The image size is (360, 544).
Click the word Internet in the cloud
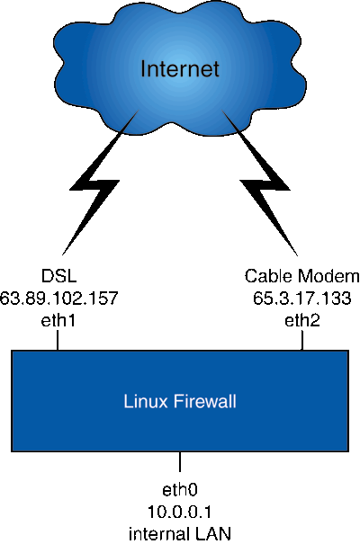coord(180,68)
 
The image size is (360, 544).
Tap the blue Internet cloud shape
coord(180,69)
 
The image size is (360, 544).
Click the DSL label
coord(58,276)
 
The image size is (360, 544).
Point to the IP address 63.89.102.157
coord(58,299)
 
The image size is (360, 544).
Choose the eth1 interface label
coord(58,321)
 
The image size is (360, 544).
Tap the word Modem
coord(328,276)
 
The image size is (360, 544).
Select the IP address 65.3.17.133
coord(302,299)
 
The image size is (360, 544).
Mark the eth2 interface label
coord(302,321)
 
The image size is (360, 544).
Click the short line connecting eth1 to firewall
coord(58,340)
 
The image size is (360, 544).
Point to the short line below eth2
coord(302,340)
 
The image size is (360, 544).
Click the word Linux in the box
coord(146,401)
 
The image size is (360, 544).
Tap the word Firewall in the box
coord(205,401)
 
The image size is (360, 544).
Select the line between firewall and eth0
coord(180,461)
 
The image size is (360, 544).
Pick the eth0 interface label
coord(180,490)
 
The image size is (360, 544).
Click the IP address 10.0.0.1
coord(180,513)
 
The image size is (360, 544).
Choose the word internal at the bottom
coord(156,533)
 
